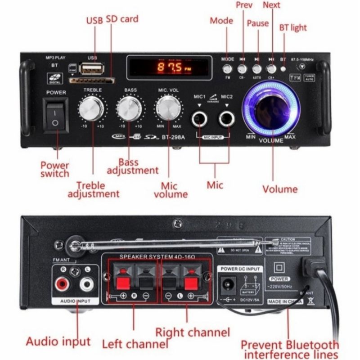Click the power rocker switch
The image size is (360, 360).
[x=55, y=116]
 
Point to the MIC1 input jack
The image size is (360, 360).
[x=199, y=120]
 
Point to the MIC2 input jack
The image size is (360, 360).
[x=226, y=120]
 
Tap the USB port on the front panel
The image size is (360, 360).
[x=92, y=69]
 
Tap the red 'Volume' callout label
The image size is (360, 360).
[x=280, y=189]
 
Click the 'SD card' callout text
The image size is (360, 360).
[x=122, y=19]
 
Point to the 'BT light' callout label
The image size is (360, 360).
[x=293, y=28]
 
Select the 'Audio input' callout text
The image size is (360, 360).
[x=58, y=341]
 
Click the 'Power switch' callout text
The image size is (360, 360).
[x=55, y=169]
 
